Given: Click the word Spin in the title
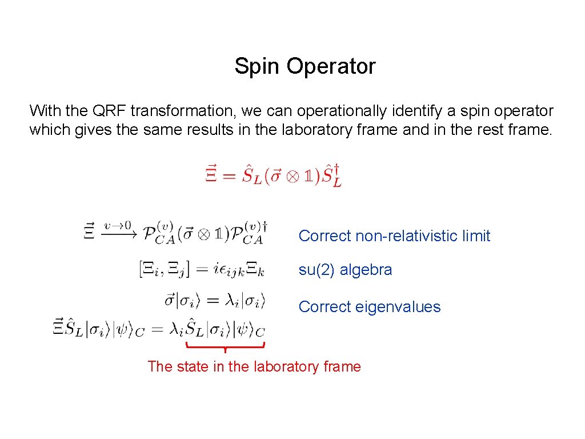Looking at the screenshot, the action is click(x=258, y=67).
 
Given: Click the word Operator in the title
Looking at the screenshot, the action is click(x=331, y=67).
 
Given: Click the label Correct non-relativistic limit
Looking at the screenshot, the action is click(x=394, y=236).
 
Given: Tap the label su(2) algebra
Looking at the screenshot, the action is click(x=345, y=270).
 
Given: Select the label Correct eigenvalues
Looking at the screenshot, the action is click(x=370, y=307).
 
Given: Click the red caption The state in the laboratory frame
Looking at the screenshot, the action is click(x=254, y=366).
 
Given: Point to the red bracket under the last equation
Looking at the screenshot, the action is click(x=226, y=346).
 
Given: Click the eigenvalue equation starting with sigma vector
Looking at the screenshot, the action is click(x=215, y=300).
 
